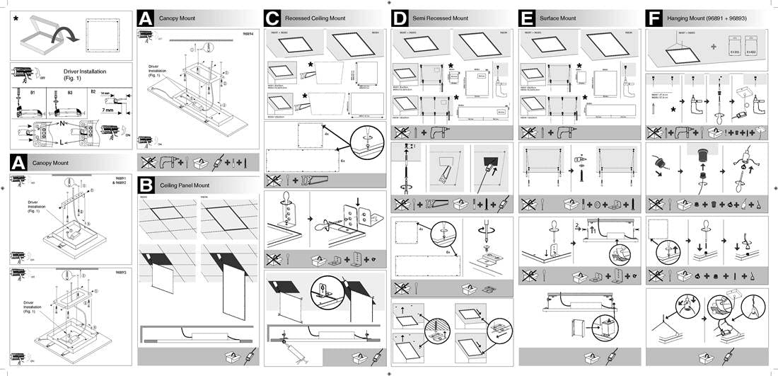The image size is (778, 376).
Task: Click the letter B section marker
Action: [144, 185]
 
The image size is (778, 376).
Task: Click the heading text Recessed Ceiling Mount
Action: [315, 18]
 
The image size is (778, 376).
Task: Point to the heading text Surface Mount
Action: [558, 18]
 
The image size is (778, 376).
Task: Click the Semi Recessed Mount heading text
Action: [442, 18]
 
